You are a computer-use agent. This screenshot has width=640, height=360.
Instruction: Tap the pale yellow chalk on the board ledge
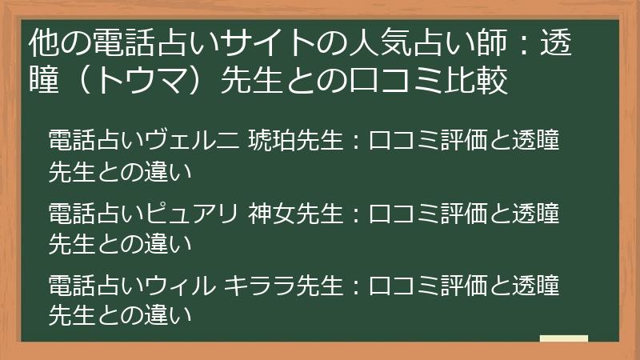tap(563, 338)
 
